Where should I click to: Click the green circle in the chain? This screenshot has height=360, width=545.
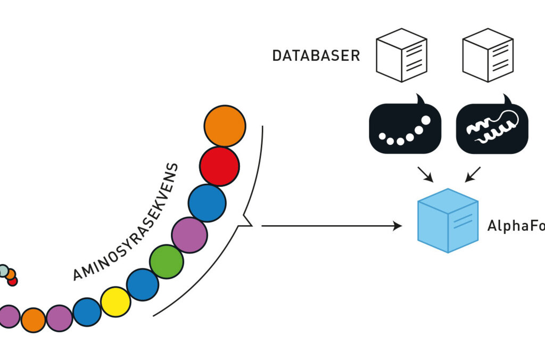tap(166, 261)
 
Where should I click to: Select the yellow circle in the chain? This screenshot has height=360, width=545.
tap(115, 302)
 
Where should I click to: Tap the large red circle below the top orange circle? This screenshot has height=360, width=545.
tap(219, 166)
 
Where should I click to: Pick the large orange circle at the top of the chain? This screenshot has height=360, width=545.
tap(225, 126)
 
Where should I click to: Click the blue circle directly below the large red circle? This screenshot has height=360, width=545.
tap(207, 203)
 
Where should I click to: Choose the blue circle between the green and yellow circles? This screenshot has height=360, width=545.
tap(143, 284)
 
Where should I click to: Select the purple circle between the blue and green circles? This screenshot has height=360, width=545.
tap(189, 235)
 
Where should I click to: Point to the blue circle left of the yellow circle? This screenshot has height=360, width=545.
tap(87, 312)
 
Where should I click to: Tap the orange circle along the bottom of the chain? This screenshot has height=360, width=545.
tap(34, 320)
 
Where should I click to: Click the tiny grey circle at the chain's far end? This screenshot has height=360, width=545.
tap(4, 271)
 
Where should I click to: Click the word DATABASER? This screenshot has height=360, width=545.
tap(316, 56)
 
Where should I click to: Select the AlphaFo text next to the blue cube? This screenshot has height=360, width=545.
tap(515, 226)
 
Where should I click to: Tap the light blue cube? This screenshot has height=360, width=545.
tap(448, 220)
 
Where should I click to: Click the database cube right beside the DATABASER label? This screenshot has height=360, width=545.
tap(401, 55)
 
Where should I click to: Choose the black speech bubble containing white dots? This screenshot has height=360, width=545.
tap(404, 128)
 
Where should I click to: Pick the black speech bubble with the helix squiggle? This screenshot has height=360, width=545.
tap(492, 128)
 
